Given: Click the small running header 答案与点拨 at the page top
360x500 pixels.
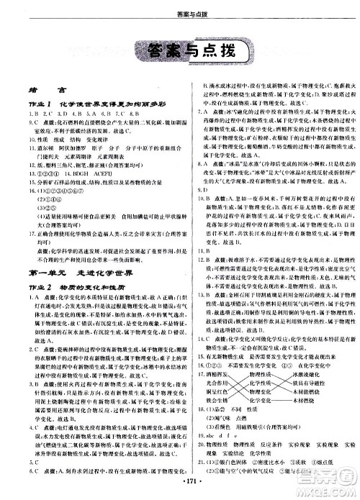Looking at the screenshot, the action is coord(179,9).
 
